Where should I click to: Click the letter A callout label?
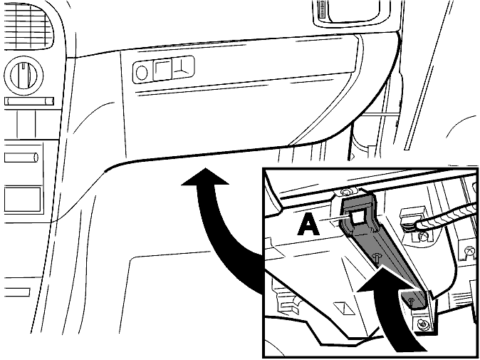point(308,225)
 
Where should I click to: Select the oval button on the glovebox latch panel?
point(142,73)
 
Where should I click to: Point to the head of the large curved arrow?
point(205,177)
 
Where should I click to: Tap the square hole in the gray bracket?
point(357,217)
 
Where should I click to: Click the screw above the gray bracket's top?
point(346,192)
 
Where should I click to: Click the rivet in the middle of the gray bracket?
point(377,257)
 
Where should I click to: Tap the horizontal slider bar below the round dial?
point(29,101)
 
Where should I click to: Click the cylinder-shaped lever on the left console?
point(21,158)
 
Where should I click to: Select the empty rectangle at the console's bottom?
point(23,200)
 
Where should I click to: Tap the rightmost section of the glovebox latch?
point(183,67)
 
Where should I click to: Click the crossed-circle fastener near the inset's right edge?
point(469,251)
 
